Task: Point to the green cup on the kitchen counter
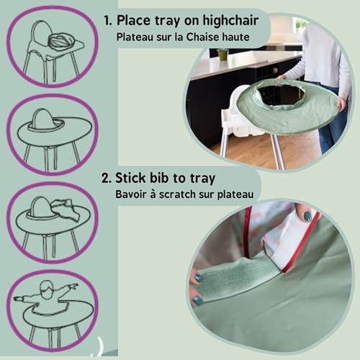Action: (222, 54)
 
